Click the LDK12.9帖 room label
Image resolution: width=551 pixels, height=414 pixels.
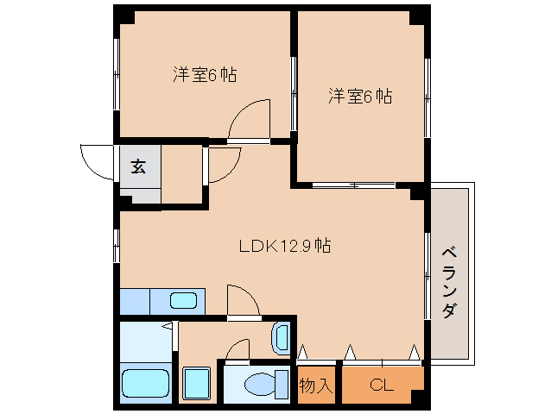pos(285,246)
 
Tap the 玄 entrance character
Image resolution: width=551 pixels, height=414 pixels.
pos(138,166)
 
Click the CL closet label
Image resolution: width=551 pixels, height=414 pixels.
pos(381,386)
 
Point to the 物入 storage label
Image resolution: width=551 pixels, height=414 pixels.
pos(315,386)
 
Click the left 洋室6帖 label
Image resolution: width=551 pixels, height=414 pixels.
pos(205,74)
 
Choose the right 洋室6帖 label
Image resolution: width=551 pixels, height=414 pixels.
pos(360,96)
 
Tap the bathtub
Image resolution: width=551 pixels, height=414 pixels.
pos(145,383)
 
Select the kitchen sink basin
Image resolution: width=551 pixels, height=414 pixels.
pos(183,301)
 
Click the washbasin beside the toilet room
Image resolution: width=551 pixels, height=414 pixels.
pos(281,339)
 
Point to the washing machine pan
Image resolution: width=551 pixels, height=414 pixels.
pos(197,383)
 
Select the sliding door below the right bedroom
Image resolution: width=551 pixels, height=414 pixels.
pos(353,185)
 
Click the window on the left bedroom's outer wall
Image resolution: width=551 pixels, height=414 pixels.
pos(117,73)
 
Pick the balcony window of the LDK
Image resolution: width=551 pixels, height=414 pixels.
pos(427,276)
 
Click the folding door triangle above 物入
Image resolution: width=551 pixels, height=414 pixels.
pos(302,352)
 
